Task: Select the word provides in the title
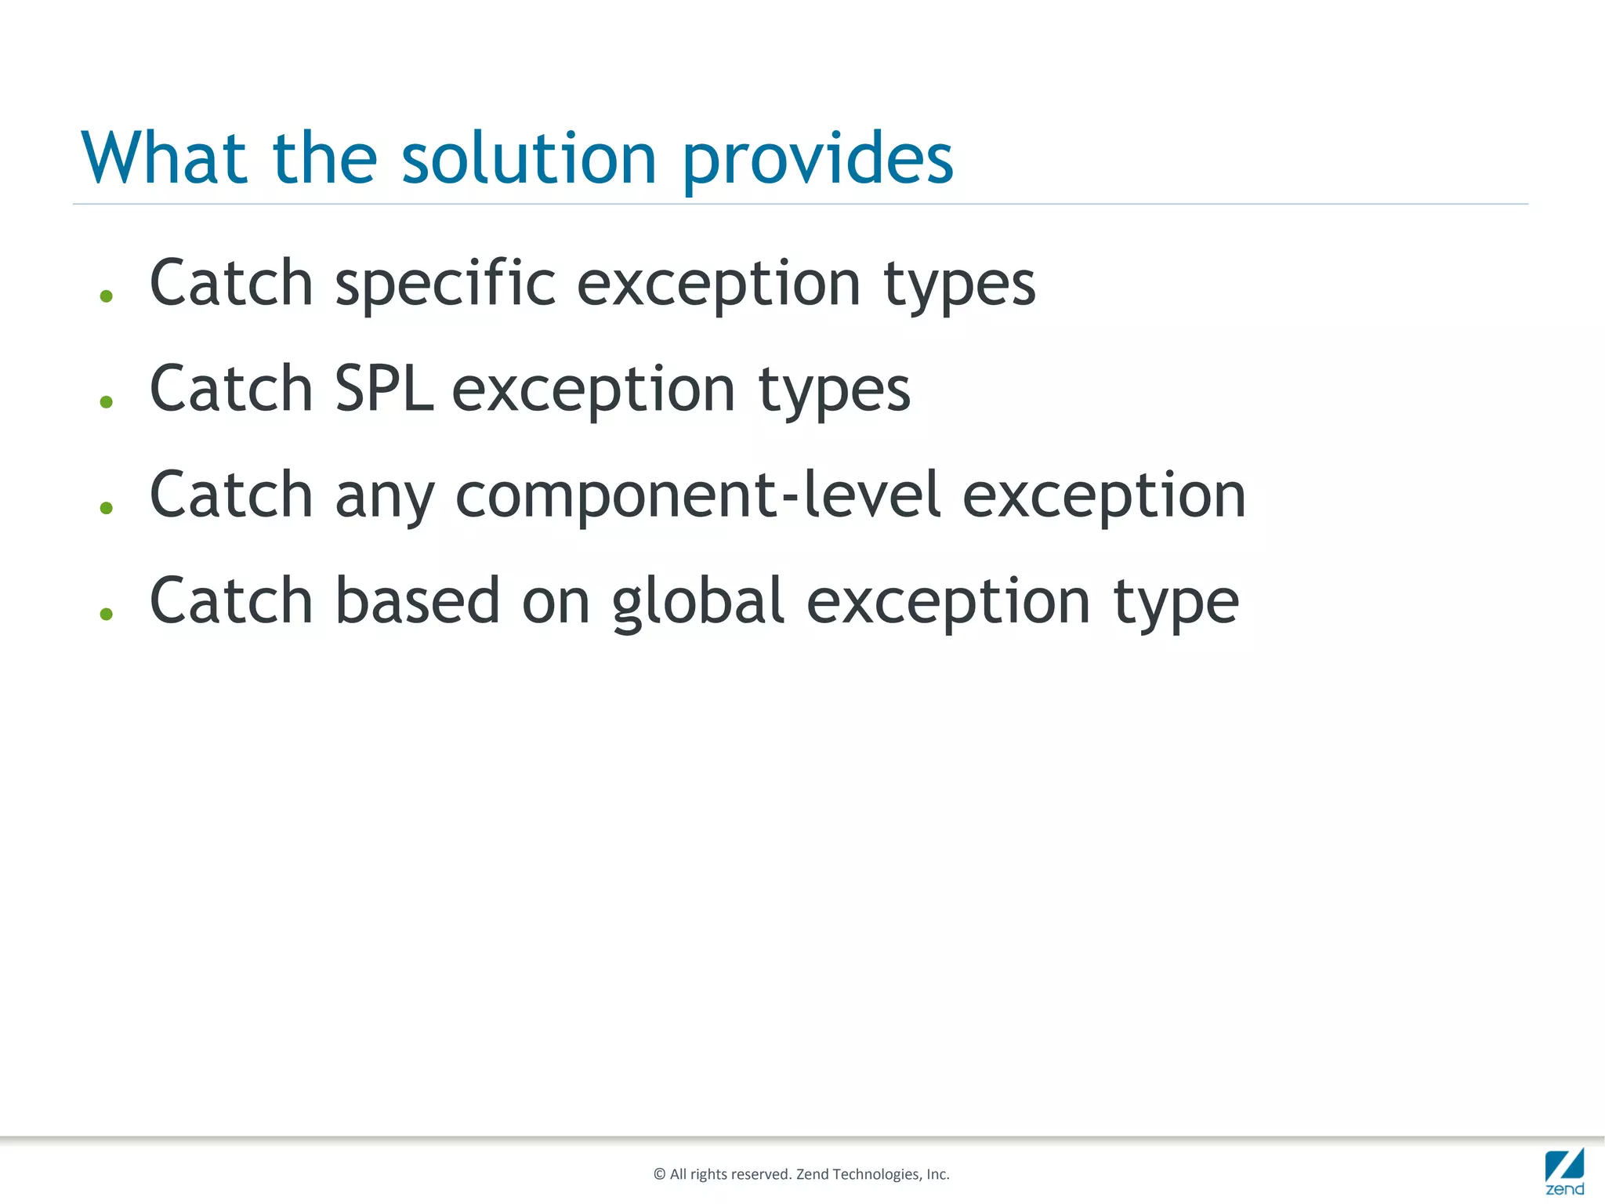817,161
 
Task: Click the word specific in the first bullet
445,284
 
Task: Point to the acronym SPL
383,389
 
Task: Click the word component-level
697,495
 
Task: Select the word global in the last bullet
697,602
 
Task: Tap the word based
417,600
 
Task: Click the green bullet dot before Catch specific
107,296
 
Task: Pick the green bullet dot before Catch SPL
107,402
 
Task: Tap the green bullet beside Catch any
107,508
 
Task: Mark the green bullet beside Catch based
107,614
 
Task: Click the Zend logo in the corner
1564,1172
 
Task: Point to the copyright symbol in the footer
659,1174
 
